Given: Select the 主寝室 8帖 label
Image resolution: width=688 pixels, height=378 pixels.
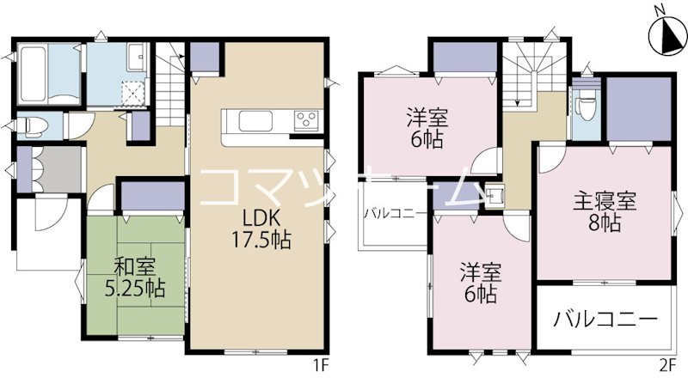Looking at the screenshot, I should [605, 213].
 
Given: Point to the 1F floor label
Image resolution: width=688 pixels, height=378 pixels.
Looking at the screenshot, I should [322, 365].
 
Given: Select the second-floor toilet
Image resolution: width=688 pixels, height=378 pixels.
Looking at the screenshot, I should [588, 109].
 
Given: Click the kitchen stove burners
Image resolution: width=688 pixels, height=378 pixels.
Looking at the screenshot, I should [306, 121].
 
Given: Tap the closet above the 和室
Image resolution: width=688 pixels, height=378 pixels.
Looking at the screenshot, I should [152, 197].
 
